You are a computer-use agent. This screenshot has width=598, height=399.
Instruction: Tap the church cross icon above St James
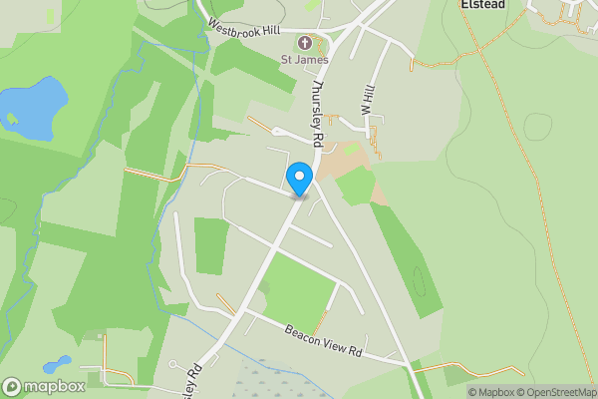[304, 43]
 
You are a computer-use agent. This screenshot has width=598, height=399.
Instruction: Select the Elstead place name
[484, 5]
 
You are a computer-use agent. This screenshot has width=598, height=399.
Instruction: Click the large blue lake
[34, 108]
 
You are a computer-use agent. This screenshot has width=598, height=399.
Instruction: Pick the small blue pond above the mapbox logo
[57, 365]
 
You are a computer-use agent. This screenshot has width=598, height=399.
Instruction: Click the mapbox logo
[43, 387]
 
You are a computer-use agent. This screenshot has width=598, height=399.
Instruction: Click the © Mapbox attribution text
[492, 392]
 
